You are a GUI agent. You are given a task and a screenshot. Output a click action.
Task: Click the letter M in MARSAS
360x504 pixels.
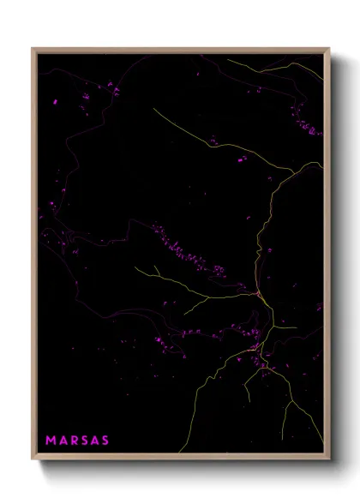click(51, 441)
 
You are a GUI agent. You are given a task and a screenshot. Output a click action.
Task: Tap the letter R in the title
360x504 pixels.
click(74, 441)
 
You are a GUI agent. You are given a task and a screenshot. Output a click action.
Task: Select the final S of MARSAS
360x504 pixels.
click(105, 441)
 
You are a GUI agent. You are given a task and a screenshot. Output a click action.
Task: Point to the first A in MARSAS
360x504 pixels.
click(63, 441)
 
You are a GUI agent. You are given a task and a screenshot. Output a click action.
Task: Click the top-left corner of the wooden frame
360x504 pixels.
click(33, 49)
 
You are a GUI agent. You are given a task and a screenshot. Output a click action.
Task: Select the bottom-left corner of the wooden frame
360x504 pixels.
click(33, 458)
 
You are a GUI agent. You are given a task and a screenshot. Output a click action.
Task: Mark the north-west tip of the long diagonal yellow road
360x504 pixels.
click(154, 109)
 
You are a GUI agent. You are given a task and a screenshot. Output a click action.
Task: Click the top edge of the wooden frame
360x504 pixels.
click(180, 49)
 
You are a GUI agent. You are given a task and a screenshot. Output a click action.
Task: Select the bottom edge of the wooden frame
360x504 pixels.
click(180, 458)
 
